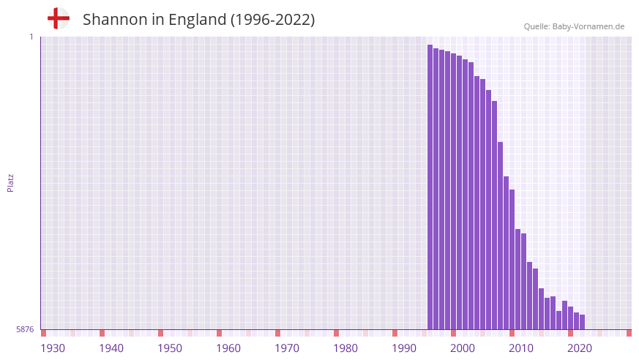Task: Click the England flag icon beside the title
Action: click(x=58, y=18)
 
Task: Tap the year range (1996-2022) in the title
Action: click(x=272, y=20)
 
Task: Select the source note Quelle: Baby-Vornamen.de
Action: click(x=574, y=26)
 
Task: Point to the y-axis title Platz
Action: click(x=10, y=182)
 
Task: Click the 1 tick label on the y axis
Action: click(x=31, y=37)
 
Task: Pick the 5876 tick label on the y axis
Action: click(x=25, y=330)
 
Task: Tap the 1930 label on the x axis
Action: click(x=53, y=348)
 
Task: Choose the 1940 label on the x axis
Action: click(x=111, y=348)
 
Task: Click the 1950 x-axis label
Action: click(x=170, y=348)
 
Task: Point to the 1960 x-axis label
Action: click(x=228, y=348)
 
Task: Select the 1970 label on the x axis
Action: click(x=287, y=348)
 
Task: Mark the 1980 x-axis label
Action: click(x=345, y=348)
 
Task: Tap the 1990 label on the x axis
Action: click(x=404, y=348)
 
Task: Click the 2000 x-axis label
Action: click(x=463, y=348)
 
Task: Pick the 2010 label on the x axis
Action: click(x=521, y=348)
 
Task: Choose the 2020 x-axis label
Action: click(x=580, y=348)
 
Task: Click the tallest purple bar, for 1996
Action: click(x=430, y=187)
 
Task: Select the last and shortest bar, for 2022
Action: click(x=583, y=323)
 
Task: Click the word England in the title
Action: click(x=197, y=20)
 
